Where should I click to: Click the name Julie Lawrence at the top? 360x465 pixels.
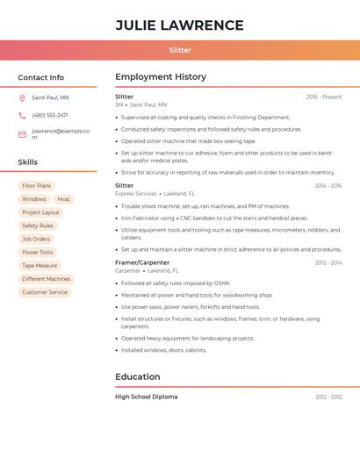[x=179, y=25]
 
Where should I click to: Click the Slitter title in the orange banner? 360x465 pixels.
[x=179, y=50]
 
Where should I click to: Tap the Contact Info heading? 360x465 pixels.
[x=40, y=77]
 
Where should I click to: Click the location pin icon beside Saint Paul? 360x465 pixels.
[x=22, y=98]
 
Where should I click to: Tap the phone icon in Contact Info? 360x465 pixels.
[x=22, y=115]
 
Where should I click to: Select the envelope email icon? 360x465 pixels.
[x=22, y=134]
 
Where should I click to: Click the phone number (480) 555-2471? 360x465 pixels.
[x=50, y=115]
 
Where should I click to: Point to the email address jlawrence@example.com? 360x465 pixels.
[x=60, y=134]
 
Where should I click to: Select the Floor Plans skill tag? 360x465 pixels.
[x=37, y=186]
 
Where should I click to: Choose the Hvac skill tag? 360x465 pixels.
[x=64, y=199]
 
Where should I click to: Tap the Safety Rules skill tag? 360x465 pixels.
[x=38, y=225]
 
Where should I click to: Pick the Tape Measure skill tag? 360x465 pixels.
[x=40, y=265]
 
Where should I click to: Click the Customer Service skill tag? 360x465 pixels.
[x=45, y=292]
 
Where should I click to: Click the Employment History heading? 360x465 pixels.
[x=161, y=77]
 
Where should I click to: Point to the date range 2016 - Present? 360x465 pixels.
[x=324, y=97]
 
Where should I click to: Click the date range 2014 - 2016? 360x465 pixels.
[x=328, y=186]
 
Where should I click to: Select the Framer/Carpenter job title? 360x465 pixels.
[x=142, y=262]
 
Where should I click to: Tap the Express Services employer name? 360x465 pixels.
[x=135, y=194]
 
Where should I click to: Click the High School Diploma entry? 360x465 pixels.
[x=146, y=397]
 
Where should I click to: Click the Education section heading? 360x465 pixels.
[x=138, y=377]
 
